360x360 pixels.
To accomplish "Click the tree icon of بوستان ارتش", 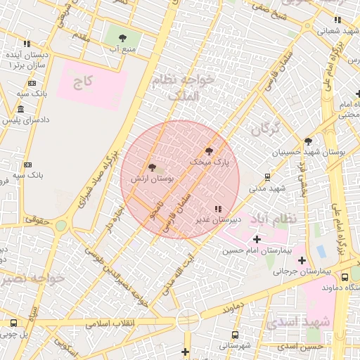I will pyautogui.click(x=152, y=167).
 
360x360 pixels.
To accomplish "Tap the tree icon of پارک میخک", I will pyautogui.click(x=208, y=150).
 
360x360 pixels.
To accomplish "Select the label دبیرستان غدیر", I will pyautogui.click(x=218, y=219).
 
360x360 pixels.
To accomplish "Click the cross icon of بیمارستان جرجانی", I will pyautogui.click(x=302, y=261).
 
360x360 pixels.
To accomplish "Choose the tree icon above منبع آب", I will pyautogui.click(x=122, y=38).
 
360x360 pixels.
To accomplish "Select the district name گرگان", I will pyautogui.click(x=265, y=129).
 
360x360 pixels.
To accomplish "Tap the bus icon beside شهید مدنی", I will pyautogui.click(x=267, y=176).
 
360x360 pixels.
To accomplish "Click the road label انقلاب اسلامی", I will pyautogui.click(x=114, y=325).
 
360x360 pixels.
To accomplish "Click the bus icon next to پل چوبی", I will pyautogui.click(x=13, y=323).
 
